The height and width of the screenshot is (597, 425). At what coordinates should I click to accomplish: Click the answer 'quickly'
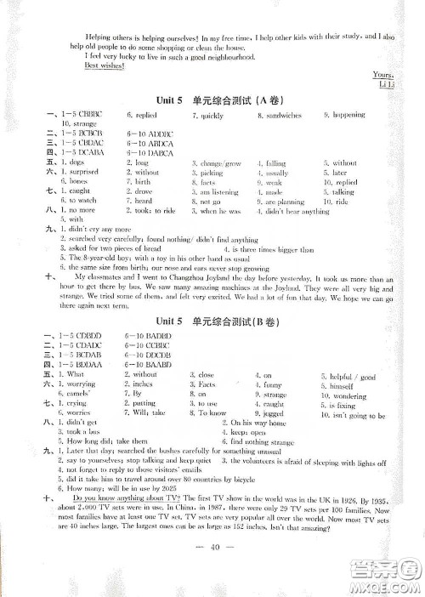212,114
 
